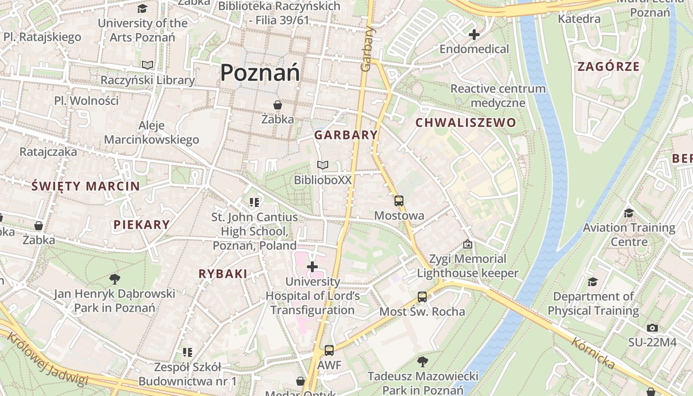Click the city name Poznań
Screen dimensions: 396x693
point(260,73)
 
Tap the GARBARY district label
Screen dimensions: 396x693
point(346,135)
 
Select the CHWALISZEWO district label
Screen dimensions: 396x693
point(465,123)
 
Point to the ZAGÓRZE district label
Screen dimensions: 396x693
point(608,66)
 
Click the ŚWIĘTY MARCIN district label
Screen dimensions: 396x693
point(86,186)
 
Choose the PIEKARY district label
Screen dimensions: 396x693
point(142,225)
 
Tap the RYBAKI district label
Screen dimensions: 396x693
point(223,274)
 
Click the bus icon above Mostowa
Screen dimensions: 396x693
point(399,201)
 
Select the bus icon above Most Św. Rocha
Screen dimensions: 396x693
point(422,297)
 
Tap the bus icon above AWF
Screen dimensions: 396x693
point(329,350)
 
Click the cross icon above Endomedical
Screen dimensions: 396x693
point(474,35)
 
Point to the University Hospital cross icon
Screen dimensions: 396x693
point(312,267)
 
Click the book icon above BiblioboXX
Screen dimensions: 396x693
point(323,165)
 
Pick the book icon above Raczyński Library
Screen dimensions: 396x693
point(148,65)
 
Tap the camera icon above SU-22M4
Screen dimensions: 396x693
point(652,328)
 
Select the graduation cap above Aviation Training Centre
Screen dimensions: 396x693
point(629,213)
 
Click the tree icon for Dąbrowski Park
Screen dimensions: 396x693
point(114,279)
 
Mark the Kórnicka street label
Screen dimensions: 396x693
point(593,353)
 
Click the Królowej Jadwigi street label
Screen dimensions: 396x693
point(49,358)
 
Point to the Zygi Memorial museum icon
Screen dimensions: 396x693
point(467,244)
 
